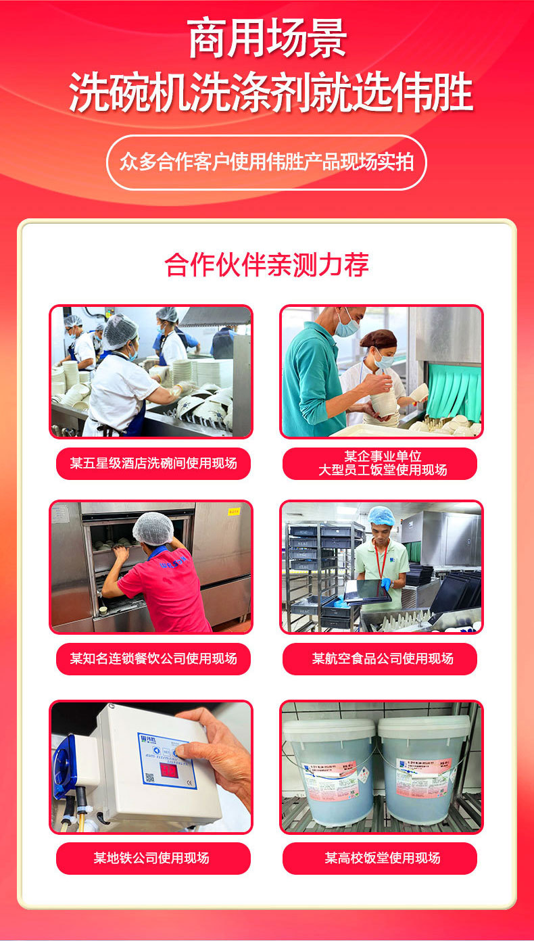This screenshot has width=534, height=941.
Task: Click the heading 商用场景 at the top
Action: (x=267, y=39)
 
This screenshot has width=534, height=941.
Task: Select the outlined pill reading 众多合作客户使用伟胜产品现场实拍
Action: (x=266, y=162)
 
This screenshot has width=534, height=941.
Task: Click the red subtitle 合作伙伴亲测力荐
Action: (x=267, y=264)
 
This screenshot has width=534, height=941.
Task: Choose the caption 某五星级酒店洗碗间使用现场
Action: (x=153, y=463)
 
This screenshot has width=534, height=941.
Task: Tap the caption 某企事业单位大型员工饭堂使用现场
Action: (x=380, y=463)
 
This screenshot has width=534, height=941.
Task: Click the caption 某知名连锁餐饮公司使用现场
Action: (x=153, y=658)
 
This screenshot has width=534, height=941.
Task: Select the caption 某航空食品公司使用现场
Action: (x=380, y=658)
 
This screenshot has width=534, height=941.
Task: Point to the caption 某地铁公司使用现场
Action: (x=153, y=858)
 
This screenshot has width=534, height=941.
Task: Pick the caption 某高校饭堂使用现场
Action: (x=380, y=858)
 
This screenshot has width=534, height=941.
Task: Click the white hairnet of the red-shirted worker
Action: (x=153, y=528)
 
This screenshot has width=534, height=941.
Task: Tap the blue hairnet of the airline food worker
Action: (x=382, y=516)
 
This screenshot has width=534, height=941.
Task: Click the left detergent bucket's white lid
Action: (x=329, y=729)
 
